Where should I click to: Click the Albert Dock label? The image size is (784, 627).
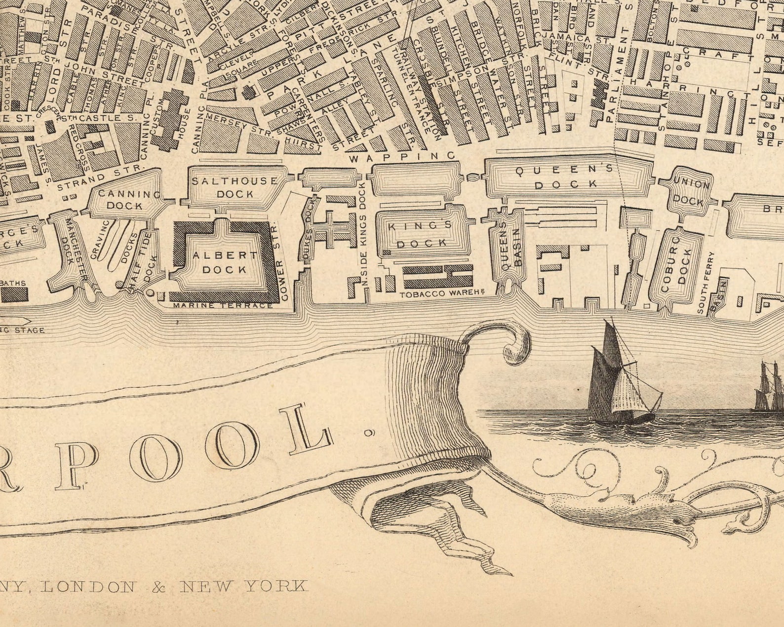[x=225, y=262]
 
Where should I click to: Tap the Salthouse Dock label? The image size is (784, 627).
[x=235, y=187]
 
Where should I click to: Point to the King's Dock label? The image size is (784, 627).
[x=421, y=234]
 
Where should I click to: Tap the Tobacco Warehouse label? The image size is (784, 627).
[x=440, y=294]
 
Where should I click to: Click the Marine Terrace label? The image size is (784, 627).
[x=223, y=305]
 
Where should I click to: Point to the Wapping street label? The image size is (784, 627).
[x=402, y=157]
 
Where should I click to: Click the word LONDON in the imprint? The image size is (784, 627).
[x=88, y=586]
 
